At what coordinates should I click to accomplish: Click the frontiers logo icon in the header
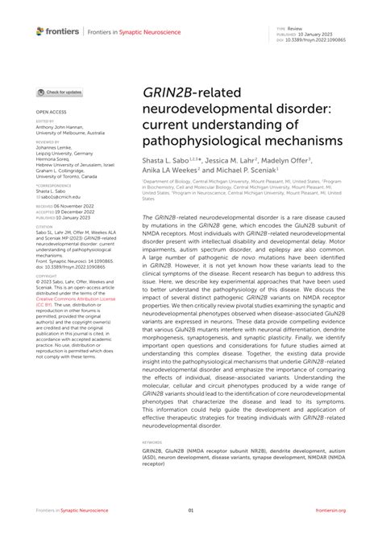(40, 31)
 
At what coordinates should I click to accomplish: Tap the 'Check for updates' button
(60, 93)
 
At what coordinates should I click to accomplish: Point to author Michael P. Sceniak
(247, 170)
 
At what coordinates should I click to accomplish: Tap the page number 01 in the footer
(191, 510)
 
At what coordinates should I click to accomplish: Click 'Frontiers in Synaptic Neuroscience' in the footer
(73, 510)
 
